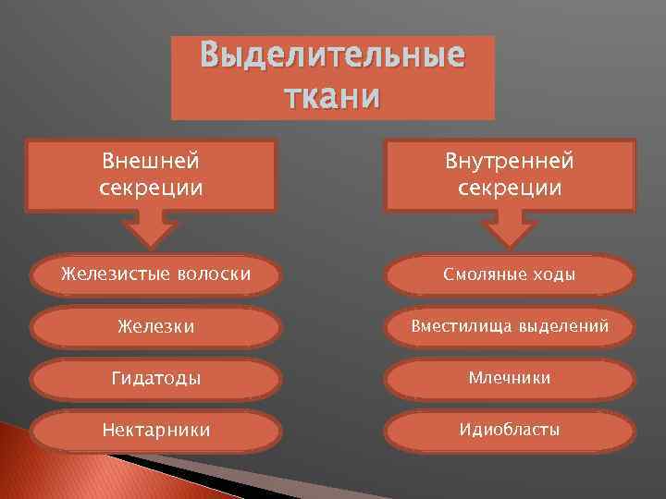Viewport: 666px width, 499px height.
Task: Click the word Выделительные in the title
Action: pyautogui.click(x=333, y=57)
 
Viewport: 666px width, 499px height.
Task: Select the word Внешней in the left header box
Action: pyautogui.click(x=151, y=161)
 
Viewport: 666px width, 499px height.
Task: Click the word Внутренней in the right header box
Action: pyautogui.click(x=510, y=162)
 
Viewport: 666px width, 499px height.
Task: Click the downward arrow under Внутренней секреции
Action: pyautogui.click(x=510, y=230)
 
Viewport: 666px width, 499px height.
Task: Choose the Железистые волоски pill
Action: pyautogui.click(x=155, y=274)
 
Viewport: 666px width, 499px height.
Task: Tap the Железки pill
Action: pyautogui.click(x=155, y=326)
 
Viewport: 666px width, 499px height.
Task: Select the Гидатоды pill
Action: pyautogui.click(x=155, y=378)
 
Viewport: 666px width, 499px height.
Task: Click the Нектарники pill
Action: pyautogui.click(x=155, y=430)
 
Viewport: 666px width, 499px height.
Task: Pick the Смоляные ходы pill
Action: pyautogui.click(x=510, y=274)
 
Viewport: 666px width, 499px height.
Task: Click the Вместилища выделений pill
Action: pyautogui.click(x=510, y=326)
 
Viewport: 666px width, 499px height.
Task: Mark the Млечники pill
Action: pyautogui.click(x=510, y=378)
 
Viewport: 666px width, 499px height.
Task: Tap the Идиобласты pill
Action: pyautogui.click(x=510, y=430)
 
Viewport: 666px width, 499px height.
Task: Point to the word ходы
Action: pyautogui.click(x=551, y=274)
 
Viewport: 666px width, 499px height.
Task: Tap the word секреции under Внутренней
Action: pyautogui.click(x=510, y=188)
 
